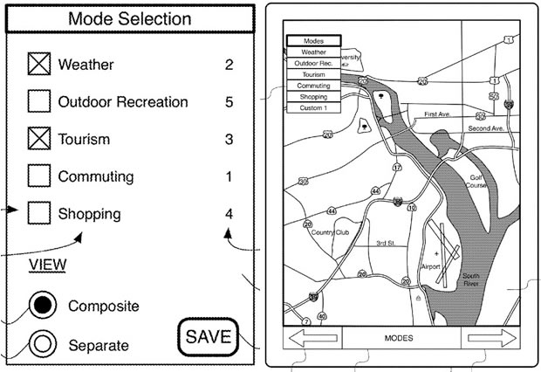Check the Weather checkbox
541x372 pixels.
(38, 65)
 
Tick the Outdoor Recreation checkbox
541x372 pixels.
(38, 102)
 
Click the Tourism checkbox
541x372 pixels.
(38, 140)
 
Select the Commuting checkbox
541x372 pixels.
(38, 176)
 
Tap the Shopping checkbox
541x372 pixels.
(38, 213)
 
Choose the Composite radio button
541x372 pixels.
(42, 306)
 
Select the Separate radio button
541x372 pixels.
(42, 344)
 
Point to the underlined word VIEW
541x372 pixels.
(48, 265)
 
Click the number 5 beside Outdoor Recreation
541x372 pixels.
(229, 102)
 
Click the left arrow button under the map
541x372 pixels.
(312, 338)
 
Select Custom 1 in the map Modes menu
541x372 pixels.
(313, 107)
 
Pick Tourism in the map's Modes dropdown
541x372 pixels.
(313, 74)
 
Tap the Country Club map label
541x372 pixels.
(330, 232)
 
